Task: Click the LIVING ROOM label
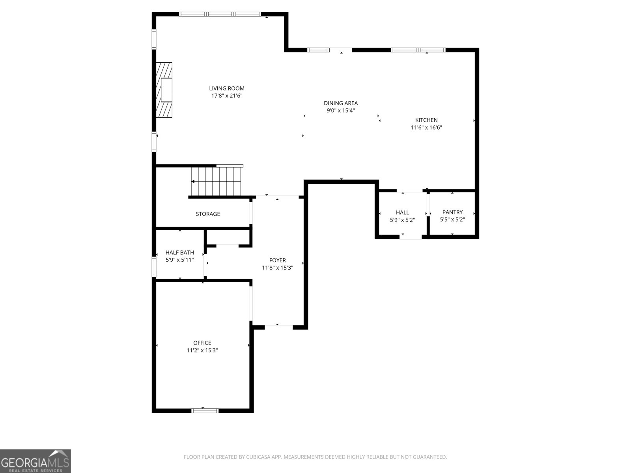click(x=226, y=88)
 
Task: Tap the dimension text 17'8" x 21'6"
click(x=226, y=96)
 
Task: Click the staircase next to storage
click(x=216, y=181)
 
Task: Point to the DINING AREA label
click(x=341, y=103)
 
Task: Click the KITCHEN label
click(x=426, y=120)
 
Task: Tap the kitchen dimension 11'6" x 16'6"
click(x=426, y=128)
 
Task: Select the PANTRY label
click(x=452, y=212)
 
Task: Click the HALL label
click(x=402, y=212)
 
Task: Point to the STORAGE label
click(x=208, y=214)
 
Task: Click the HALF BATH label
click(x=179, y=253)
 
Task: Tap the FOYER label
click(x=277, y=260)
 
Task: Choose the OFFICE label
click(x=202, y=343)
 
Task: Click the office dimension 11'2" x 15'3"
click(x=202, y=350)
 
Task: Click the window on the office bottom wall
click(x=205, y=410)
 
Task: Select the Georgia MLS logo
click(x=35, y=461)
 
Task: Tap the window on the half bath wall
click(x=154, y=266)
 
